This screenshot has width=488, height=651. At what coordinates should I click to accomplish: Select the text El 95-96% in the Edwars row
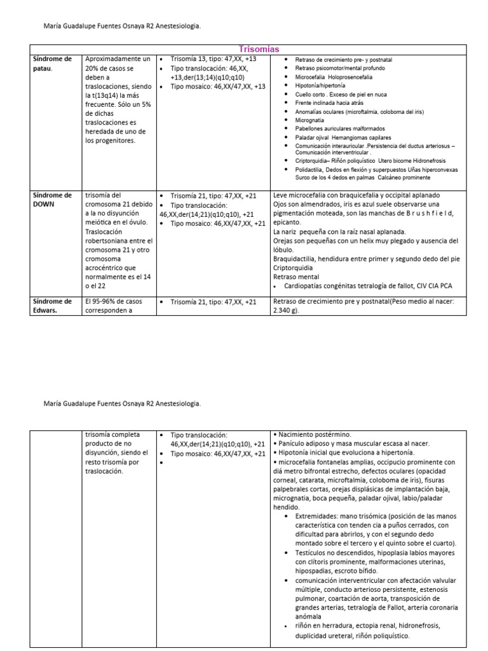coord(99,301)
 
